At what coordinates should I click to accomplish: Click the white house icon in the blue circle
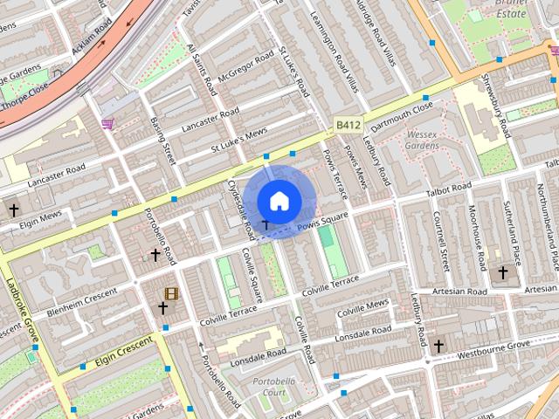278,201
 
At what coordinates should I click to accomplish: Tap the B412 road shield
349,126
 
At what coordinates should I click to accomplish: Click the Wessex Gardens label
423,141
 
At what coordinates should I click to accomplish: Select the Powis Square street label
322,222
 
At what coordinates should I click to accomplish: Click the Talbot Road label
448,187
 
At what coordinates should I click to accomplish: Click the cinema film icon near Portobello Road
171,293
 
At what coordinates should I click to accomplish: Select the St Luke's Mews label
238,136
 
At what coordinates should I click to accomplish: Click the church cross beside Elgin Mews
13,210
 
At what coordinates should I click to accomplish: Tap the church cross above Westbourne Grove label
438,346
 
